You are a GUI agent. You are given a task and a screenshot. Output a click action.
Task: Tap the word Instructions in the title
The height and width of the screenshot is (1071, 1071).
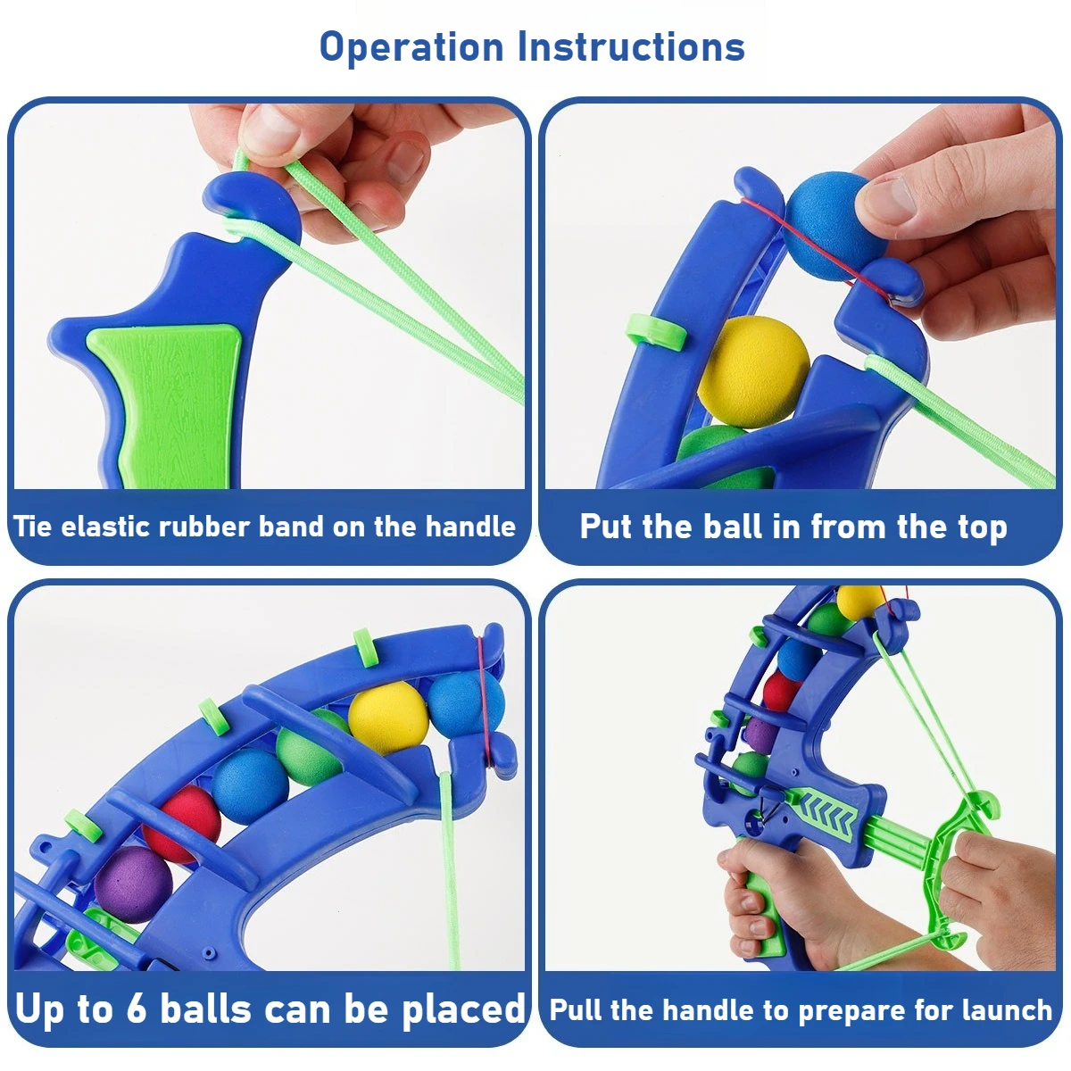pyautogui.click(x=631, y=46)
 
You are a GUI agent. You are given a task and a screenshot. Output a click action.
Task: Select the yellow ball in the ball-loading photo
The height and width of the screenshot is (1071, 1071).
pyautogui.click(x=753, y=372)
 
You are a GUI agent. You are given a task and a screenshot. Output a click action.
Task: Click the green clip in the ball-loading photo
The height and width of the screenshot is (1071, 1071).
pyautogui.click(x=656, y=332)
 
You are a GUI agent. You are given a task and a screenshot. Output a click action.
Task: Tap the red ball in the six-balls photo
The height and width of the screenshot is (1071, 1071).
pyautogui.click(x=182, y=824)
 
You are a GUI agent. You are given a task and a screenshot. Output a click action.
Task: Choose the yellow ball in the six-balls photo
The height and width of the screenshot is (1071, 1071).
pyautogui.click(x=388, y=718)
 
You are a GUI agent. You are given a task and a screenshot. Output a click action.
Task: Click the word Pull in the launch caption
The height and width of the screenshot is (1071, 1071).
pyautogui.click(x=577, y=1009)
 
